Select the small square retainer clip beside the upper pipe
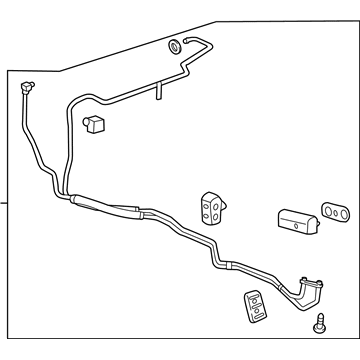point(95,126)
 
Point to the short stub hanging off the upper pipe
point(158,91)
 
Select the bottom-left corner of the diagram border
point(9,340)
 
